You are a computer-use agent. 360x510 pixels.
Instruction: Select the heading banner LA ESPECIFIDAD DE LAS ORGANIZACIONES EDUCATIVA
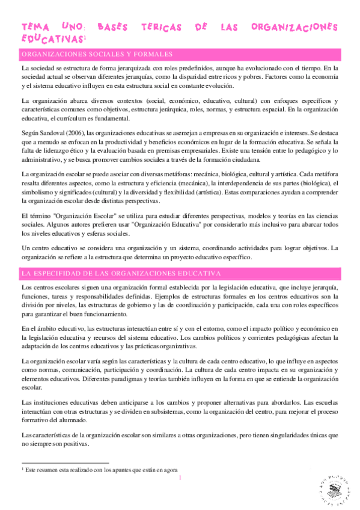(120, 274)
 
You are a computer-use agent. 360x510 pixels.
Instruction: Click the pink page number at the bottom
(180, 479)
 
